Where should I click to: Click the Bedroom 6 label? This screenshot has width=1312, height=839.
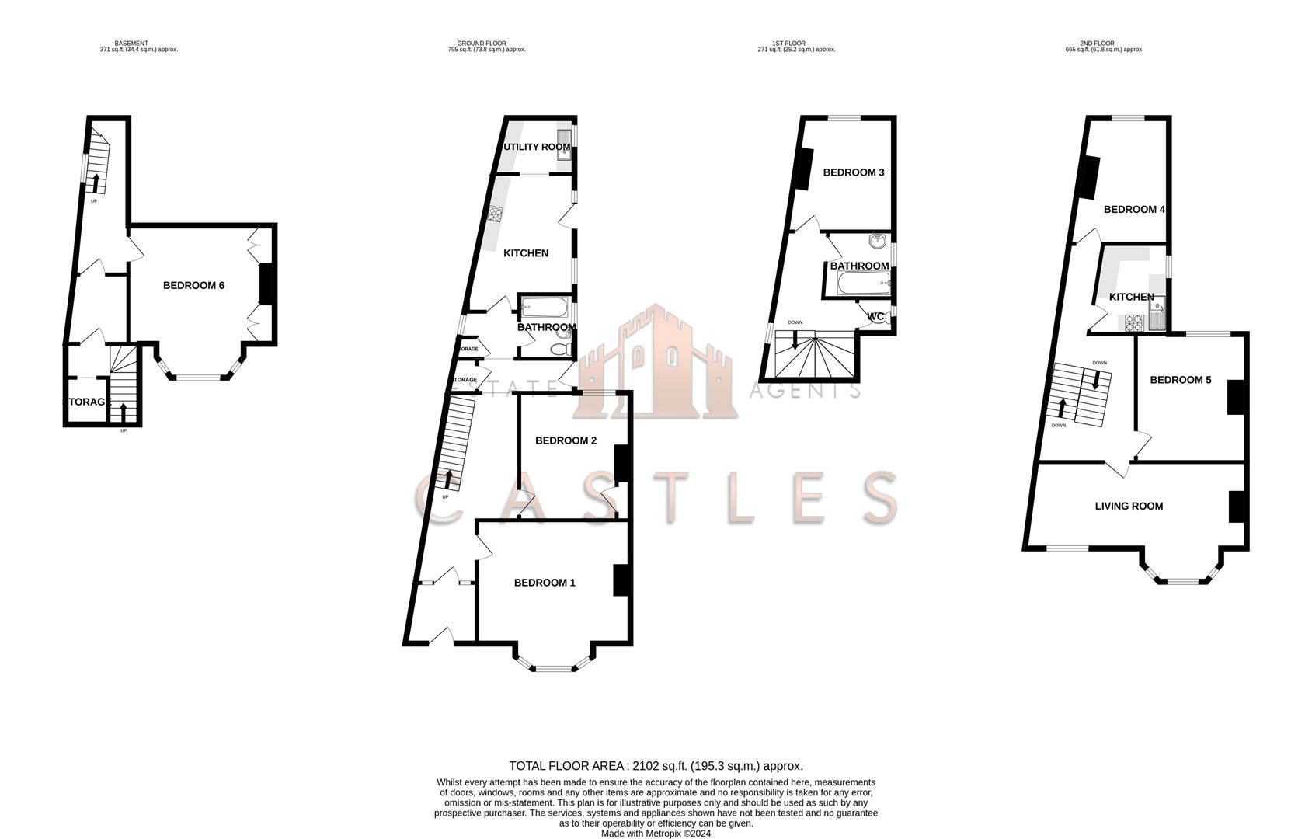pos(193,285)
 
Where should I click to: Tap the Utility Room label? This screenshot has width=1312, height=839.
pos(537,147)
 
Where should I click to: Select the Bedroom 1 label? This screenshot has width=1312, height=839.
pos(545,583)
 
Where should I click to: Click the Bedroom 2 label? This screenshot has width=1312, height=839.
pos(566,440)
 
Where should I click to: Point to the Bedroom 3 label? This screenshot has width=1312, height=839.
pos(854,172)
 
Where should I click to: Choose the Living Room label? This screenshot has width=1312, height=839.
pos(1129,506)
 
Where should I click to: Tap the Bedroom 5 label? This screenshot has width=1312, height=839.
pos(1180,380)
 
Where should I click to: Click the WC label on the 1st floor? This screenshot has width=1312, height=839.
pos(875,316)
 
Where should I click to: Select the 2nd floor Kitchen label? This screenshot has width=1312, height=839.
pos(1131,297)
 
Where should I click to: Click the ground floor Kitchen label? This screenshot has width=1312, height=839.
pos(526,253)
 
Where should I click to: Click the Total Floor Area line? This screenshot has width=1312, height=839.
pos(656,766)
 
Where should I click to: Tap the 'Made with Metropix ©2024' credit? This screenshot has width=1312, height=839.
pos(656,834)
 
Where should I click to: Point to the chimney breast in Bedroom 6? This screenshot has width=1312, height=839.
pos(265,284)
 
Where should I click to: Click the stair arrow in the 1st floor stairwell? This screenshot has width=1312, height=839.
pos(794,339)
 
